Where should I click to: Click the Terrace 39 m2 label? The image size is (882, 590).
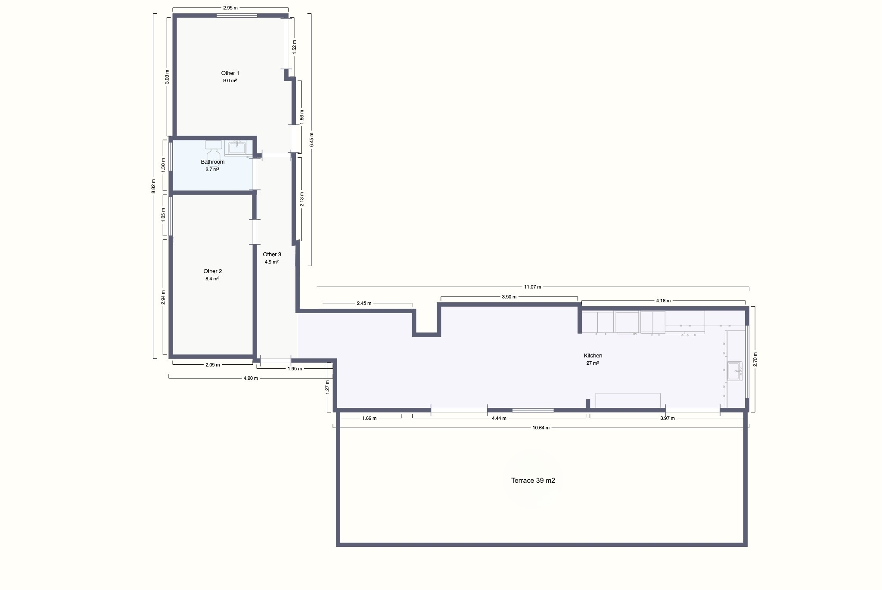coord(533,481)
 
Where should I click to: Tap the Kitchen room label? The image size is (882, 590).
coord(593,356)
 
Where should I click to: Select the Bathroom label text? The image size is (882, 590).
coord(213,162)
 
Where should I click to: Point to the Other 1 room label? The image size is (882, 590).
coord(230,73)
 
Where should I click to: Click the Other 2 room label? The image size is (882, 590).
coord(213,271)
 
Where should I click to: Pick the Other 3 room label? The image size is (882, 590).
coord(272,255)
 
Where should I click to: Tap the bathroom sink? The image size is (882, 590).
coord(237,148)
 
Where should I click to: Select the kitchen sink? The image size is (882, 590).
coord(735,371)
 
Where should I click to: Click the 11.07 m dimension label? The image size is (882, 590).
coord(533,287)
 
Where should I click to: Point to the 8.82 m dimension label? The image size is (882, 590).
coord(153,186)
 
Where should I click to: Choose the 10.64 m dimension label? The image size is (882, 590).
coord(541,428)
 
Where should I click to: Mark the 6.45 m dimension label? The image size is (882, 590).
coord(312,140)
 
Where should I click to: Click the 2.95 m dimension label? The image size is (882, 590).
coord(230,8)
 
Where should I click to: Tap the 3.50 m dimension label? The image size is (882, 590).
coord(509,297)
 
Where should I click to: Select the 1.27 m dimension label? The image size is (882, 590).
coord(327,387)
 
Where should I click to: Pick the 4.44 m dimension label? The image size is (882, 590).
coord(499,418)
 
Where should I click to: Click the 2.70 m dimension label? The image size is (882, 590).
coord(755,360)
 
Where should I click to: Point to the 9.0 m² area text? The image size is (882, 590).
coord(230,81)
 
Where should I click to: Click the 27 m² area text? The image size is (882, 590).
coord(593,363)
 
